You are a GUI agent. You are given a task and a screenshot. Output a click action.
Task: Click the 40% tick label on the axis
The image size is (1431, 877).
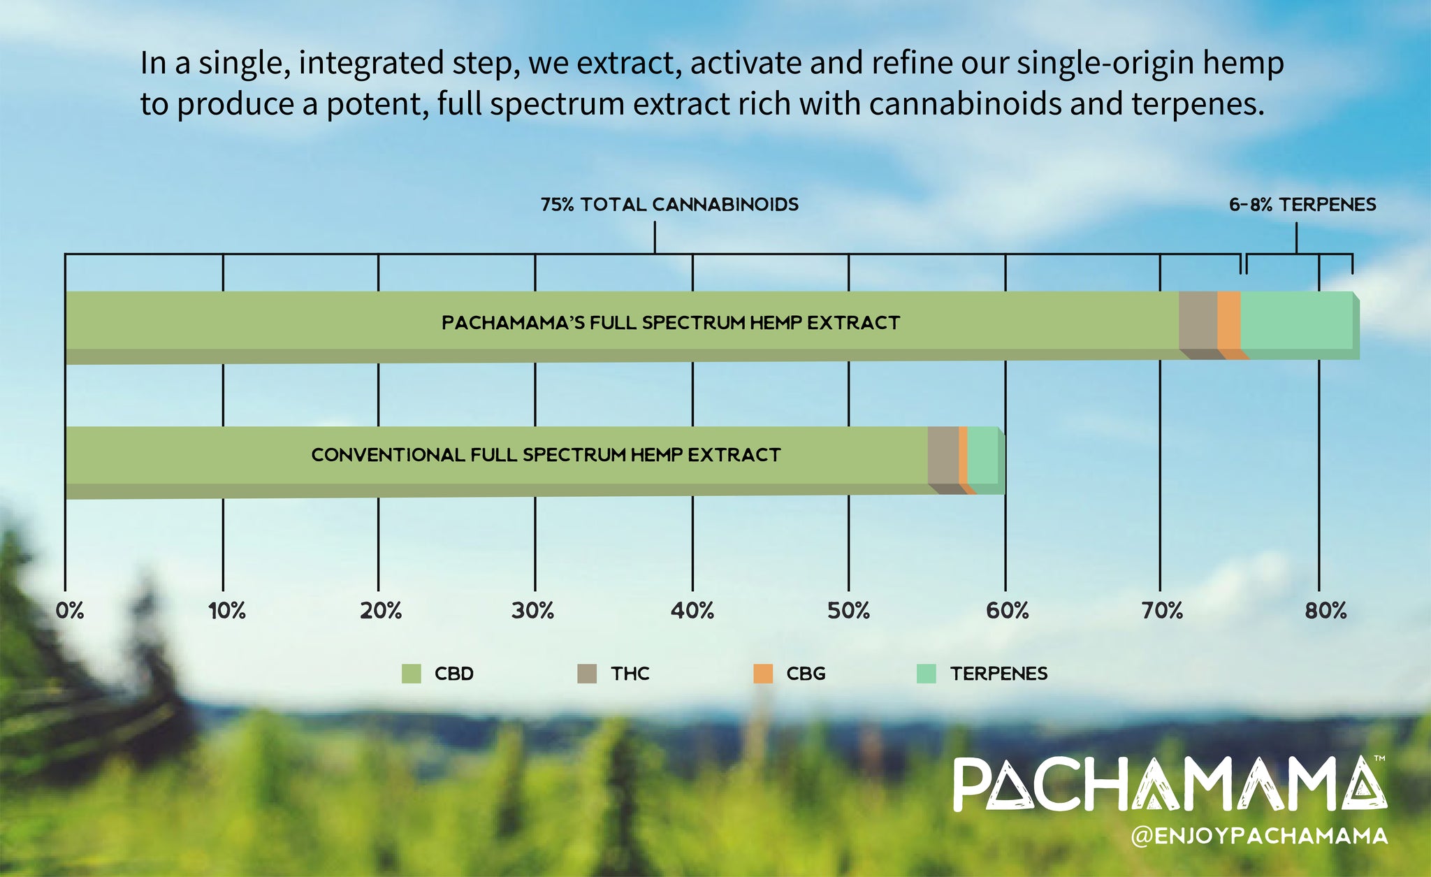(692, 611)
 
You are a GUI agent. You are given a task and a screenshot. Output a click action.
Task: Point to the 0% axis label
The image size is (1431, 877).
(70, 611)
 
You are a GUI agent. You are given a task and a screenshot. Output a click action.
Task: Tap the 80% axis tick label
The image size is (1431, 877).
(1325, 611)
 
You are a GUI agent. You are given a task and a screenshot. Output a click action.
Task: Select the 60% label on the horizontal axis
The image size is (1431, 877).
(1008, 611)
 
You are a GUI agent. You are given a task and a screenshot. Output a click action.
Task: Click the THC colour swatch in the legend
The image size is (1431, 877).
(587, 674)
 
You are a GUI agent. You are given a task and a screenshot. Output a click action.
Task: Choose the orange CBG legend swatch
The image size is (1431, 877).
(763, 674)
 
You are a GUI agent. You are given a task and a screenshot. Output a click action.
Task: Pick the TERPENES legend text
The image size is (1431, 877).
(998, 674)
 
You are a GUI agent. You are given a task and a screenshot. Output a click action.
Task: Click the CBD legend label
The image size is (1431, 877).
(454, 674)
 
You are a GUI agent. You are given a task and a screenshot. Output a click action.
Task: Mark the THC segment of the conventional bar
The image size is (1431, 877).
(943, 455)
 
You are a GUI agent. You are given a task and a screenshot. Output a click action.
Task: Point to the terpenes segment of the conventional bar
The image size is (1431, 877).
(983, 455)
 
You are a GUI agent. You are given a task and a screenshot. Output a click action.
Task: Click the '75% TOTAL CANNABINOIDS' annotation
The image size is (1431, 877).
(669, 205)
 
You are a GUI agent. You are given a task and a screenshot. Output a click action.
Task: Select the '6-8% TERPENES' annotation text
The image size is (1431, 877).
(1302, 205)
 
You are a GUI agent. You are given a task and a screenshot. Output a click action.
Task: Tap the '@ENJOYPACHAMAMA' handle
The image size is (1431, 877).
(1259, 836)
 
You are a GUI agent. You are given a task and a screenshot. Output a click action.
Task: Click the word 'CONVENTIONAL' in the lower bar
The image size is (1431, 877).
(388, 455)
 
